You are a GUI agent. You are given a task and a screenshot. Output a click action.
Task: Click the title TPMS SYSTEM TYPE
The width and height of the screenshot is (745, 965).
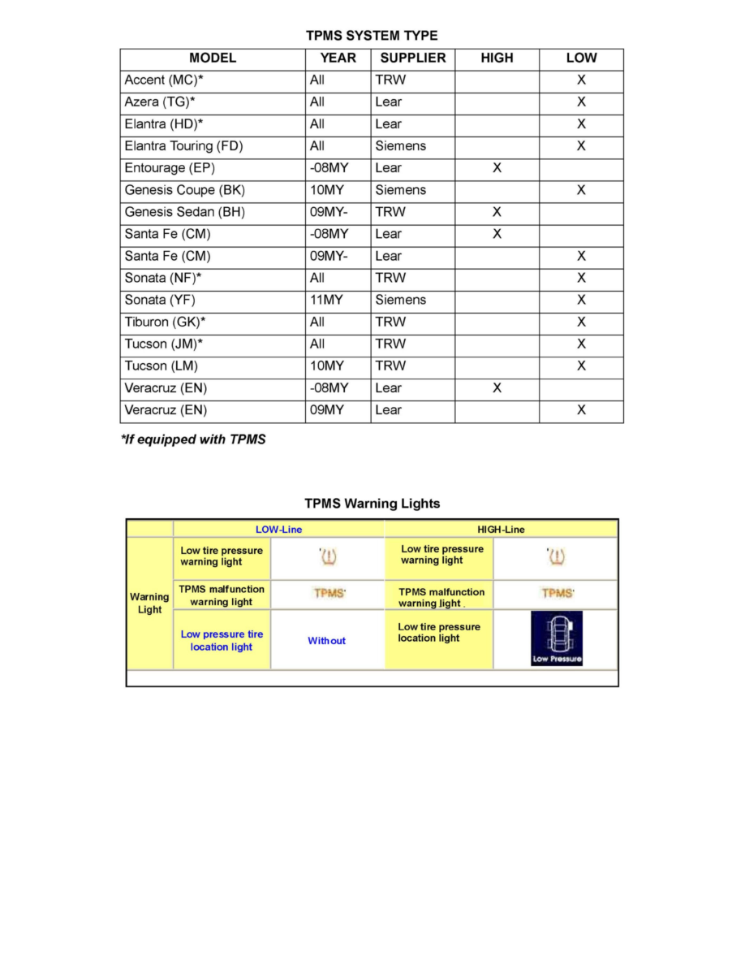pos(372,36)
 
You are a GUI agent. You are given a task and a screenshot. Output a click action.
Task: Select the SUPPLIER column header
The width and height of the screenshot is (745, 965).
pos(412,58)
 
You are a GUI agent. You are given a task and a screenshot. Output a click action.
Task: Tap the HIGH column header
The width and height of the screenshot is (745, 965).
pos(497,58)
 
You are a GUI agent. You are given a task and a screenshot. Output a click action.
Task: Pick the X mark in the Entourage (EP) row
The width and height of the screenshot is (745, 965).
pos(497,168)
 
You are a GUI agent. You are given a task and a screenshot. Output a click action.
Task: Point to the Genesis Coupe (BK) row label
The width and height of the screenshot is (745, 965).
pos(184,190)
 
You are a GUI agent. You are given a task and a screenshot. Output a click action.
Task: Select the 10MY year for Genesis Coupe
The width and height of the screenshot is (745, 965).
pos(327,190)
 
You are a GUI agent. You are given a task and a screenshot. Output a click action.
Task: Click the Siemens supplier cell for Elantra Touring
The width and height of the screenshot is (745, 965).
pos(400,146)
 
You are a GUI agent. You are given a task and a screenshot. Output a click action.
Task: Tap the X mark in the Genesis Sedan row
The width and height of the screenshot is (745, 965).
pos(497,212)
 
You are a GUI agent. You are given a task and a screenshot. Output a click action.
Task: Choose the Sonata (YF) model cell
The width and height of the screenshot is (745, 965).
pos(161,300)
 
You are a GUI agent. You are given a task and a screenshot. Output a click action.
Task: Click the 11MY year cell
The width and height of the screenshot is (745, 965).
pos(326,300)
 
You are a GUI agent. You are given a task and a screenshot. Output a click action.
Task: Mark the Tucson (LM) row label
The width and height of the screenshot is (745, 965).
pos(161,366)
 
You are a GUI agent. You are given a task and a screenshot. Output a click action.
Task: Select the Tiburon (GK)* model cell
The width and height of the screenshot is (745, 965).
pos(164,322)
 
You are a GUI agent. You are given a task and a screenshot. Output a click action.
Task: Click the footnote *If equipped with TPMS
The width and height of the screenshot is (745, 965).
pos(193,440)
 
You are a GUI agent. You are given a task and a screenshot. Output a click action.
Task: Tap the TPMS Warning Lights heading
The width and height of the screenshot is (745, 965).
pos(372,504)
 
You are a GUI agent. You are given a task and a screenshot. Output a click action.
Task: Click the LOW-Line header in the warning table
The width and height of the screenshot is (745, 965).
pos(278,530)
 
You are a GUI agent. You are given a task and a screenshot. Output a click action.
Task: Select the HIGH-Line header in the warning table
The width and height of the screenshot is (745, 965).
pos(501,530)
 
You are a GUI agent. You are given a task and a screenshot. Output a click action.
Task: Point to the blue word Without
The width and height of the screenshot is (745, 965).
pos(326,641)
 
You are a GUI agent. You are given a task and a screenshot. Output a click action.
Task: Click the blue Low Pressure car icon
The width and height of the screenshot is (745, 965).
pos(557,638)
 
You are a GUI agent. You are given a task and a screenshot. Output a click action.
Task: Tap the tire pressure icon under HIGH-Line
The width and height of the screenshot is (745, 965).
pos(556,557)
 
